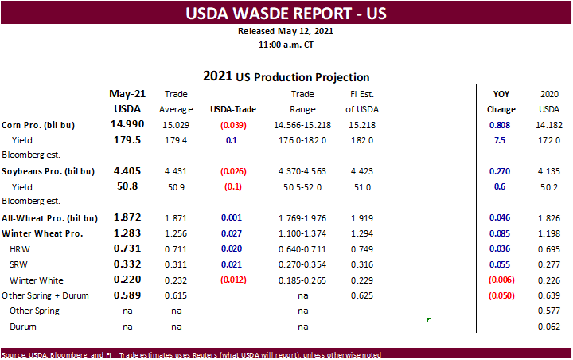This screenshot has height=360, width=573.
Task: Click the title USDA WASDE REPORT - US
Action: pos(286,14)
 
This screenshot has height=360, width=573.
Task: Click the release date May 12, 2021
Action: pos(286,32)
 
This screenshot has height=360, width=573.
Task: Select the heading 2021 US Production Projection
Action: pos(286,77)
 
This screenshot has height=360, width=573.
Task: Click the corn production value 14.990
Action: pos(127,125)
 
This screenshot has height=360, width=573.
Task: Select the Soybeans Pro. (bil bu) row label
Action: pos(48,170)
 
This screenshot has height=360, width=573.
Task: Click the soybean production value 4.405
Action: pos(127,170)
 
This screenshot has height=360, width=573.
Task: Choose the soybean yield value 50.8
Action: pos(127,186)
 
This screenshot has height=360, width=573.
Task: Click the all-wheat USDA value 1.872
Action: pos(127,217)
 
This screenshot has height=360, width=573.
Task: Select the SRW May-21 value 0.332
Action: pos(127,264)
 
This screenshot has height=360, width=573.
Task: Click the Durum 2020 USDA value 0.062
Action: pos(549,327)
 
